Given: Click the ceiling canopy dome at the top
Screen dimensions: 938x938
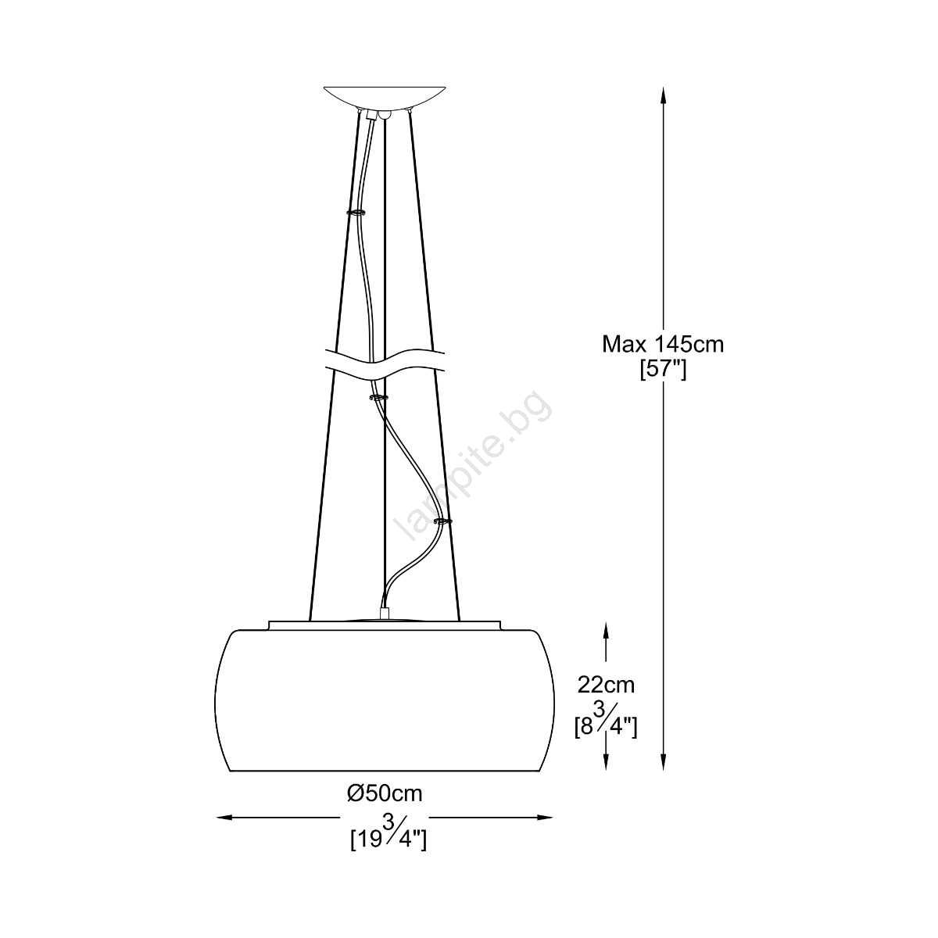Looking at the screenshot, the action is tap(385, 98).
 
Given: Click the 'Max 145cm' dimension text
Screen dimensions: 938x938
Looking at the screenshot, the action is tap(663, 345).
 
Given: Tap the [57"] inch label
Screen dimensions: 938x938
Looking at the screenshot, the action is tap(663, 371).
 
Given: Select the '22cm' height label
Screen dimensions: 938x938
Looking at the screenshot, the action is tap(606, 685).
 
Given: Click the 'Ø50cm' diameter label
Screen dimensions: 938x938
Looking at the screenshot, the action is tap(385, 794).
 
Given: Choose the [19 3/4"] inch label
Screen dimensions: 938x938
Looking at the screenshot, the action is tap(388, 830).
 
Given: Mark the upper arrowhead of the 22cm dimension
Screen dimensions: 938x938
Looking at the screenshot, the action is tap(606, 630).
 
